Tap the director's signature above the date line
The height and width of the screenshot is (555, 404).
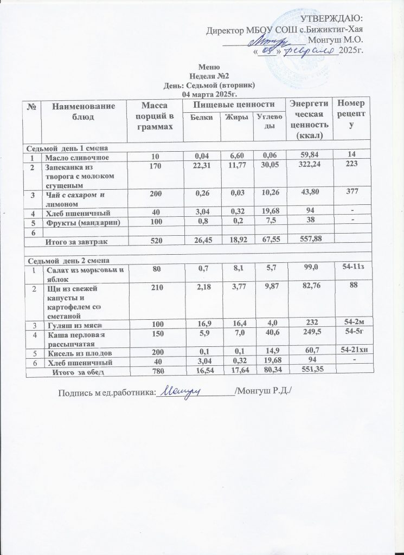point(271,38)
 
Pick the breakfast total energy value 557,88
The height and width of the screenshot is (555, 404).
point(307,242)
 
